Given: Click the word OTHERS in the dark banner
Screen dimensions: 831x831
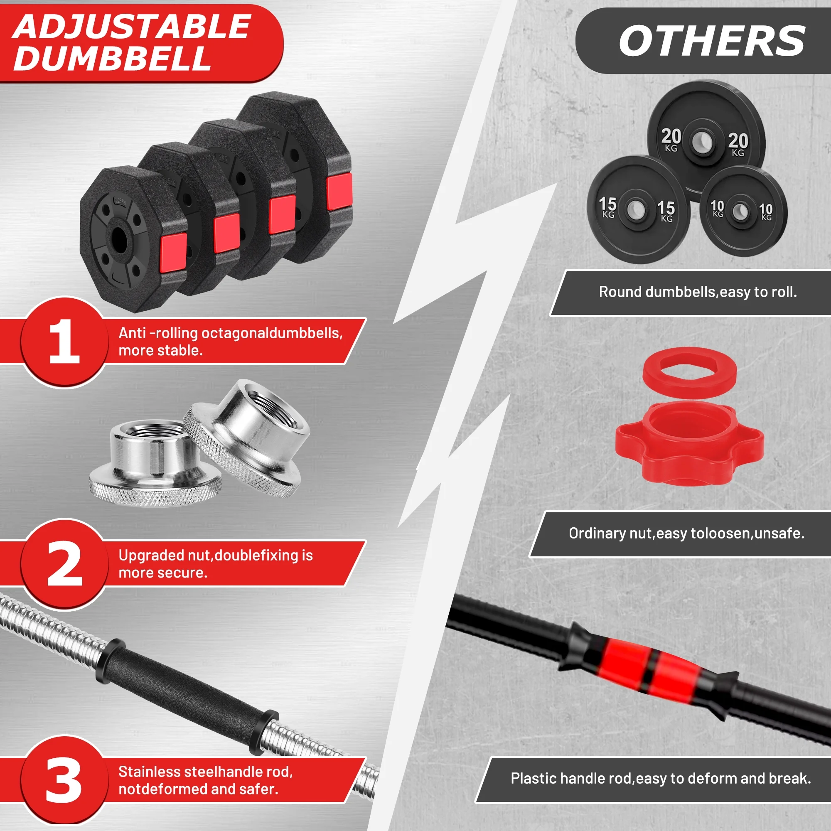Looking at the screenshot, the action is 712,40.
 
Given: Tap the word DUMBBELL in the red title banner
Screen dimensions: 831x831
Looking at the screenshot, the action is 113,58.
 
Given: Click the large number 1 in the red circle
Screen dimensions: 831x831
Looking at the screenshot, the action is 64,342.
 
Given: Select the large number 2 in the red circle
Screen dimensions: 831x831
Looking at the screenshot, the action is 64,563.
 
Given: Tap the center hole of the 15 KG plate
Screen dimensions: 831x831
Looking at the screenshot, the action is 636,209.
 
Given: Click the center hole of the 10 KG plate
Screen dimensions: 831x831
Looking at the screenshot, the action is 740,211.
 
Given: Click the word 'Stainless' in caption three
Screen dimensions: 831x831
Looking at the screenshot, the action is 149,772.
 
